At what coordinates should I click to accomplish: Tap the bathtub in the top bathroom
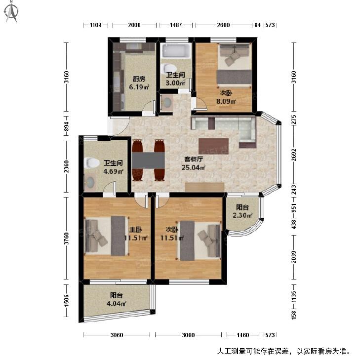pos(176,50)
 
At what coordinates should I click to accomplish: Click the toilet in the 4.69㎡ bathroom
pos(91,163)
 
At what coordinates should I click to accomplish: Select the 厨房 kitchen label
pos(139,79)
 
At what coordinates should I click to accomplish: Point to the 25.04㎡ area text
pos(193,167)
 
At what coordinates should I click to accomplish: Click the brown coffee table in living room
pos(213,146)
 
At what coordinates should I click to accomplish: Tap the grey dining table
pos(148,160)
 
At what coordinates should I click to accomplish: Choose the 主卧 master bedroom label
pos(136,230)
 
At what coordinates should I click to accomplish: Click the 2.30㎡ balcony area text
pos(242,215)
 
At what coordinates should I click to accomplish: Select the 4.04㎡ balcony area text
pos(117,304)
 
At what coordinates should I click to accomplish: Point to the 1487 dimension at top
pos(176,25)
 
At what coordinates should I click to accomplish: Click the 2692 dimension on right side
pos(294,155)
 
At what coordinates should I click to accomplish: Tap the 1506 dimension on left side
pos(66,301)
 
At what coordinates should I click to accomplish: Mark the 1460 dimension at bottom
pos(242,335)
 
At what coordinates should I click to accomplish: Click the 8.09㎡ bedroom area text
pos(226,101)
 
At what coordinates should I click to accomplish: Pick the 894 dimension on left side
pos(66,126)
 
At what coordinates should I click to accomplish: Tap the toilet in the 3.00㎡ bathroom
pos(169,69)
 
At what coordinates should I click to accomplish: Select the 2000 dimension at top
pos(134,25)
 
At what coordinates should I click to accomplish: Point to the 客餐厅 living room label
pos(194,159)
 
